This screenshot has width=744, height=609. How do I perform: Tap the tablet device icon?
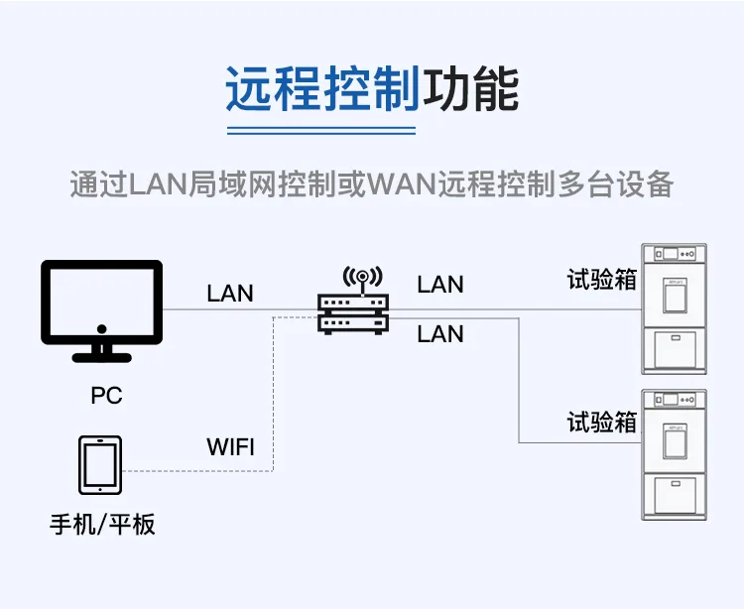tap(100, 465)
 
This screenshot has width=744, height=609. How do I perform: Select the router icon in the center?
tap(353, 301)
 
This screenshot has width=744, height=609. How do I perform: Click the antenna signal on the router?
tap(362, 277)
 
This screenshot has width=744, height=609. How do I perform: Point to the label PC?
tap(107, 396)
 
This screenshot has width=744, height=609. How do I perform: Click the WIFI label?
tap(230, 446)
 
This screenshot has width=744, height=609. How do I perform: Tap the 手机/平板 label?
tap(102, 525)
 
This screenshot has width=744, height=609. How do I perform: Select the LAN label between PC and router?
tap(230, 294)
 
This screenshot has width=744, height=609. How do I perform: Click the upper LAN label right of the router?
tap(440, 285)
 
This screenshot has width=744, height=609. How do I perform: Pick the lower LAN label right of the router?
tap(440, 334)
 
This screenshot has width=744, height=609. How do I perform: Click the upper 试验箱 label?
tap(602, 279)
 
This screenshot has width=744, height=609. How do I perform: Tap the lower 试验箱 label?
tap(602, 422)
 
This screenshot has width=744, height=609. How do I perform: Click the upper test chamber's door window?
tap(675, 296)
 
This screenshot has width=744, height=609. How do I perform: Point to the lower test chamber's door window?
tap(675, 441)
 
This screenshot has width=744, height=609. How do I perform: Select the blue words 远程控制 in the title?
tap(322, 89)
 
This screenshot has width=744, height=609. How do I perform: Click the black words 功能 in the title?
tap(470, 89)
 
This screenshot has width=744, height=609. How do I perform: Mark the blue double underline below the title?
tap(321, 131)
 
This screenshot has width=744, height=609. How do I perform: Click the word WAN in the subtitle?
tap(402, 184)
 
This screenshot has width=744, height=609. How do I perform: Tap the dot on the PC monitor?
tap(101, 328)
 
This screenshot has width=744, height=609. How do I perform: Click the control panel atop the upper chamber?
tap(675, 254)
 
